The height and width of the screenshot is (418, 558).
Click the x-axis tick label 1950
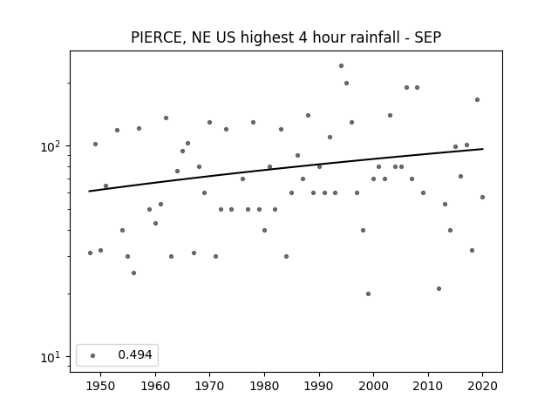(101, 386)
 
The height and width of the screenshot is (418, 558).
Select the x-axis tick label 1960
(155, 386)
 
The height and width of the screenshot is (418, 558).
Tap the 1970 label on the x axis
(209, 386)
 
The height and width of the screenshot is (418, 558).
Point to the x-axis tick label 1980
(264, 386)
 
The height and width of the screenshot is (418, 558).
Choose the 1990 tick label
(319, 386)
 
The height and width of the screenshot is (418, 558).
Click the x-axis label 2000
(374, 386)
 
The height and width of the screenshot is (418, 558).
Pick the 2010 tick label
(428, 386)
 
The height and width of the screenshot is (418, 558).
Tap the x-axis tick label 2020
(482, 386)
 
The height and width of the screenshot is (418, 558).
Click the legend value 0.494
(135, 354)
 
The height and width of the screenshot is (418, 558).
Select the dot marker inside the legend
(93, 355)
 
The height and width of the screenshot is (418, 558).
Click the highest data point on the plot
(341, 66)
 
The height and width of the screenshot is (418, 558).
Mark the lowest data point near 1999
(368, 294)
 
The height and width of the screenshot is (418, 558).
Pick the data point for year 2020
(482, 198)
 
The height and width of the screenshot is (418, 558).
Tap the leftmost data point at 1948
(90, 253)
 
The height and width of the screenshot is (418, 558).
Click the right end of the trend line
(483, 149)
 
